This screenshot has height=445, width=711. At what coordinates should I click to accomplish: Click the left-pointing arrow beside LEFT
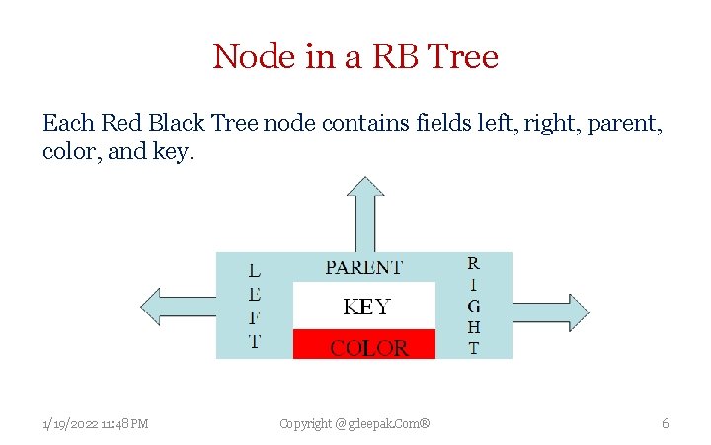tap(178, 307)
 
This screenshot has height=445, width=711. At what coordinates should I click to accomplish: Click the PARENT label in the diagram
tap(364, 267)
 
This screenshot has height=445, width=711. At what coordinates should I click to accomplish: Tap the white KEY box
tap(364, 307)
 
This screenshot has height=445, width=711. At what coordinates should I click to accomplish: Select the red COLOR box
tap(364, 346)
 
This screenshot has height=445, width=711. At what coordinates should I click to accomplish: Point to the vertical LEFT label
tap(254, 306)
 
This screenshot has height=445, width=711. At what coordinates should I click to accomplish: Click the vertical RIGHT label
tap(474, 306)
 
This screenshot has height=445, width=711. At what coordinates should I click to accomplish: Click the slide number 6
tap(665, 423)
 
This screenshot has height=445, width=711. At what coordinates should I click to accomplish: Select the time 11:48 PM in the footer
tap(126, 424)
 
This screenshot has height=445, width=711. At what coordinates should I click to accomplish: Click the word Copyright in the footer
tap(306, 424)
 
